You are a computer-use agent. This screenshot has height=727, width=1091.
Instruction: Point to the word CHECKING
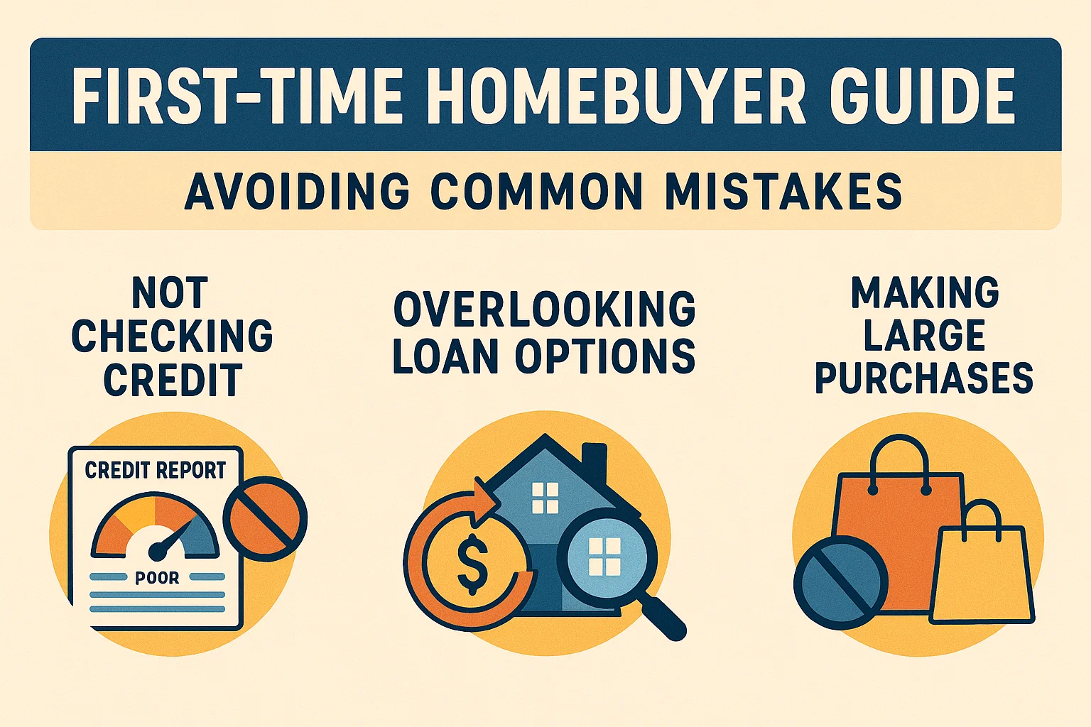[x=172, y=336]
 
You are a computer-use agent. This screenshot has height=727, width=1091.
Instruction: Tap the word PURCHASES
[x=923, y=378]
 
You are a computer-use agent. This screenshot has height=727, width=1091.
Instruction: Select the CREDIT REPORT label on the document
[x=155, y=470]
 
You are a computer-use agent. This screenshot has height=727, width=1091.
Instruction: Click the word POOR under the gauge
[x=157, y=578]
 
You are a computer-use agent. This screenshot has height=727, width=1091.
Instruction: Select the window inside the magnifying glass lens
[x=604, y=557]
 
